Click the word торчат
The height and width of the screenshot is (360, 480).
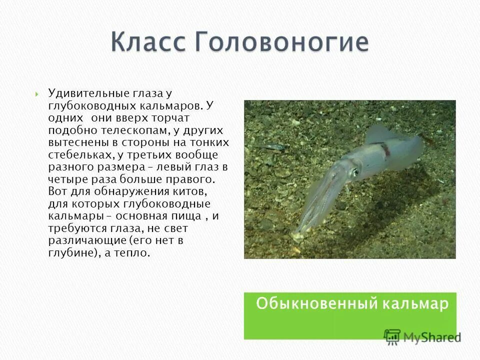(x=171, y=117)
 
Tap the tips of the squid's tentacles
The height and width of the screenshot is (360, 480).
(x=297, y=234)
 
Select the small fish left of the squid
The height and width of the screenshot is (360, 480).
(x=273, y=146)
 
